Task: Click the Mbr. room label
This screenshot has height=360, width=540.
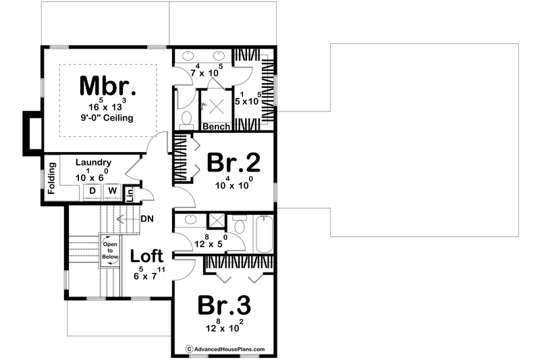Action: point(108,86)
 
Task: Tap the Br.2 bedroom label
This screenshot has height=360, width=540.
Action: point(234,163)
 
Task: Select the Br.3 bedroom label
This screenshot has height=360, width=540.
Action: point(225,305)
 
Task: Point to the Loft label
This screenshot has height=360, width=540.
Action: point(146,256)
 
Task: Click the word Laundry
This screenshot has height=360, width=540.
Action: point(92,163)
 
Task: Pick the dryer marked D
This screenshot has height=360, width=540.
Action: point(92,192)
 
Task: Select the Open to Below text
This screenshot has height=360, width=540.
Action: point(110,250)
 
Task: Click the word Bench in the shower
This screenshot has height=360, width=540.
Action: point(217,126)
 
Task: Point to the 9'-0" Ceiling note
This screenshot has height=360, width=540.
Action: point(106,118)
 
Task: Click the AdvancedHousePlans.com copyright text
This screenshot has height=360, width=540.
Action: point(225,349)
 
